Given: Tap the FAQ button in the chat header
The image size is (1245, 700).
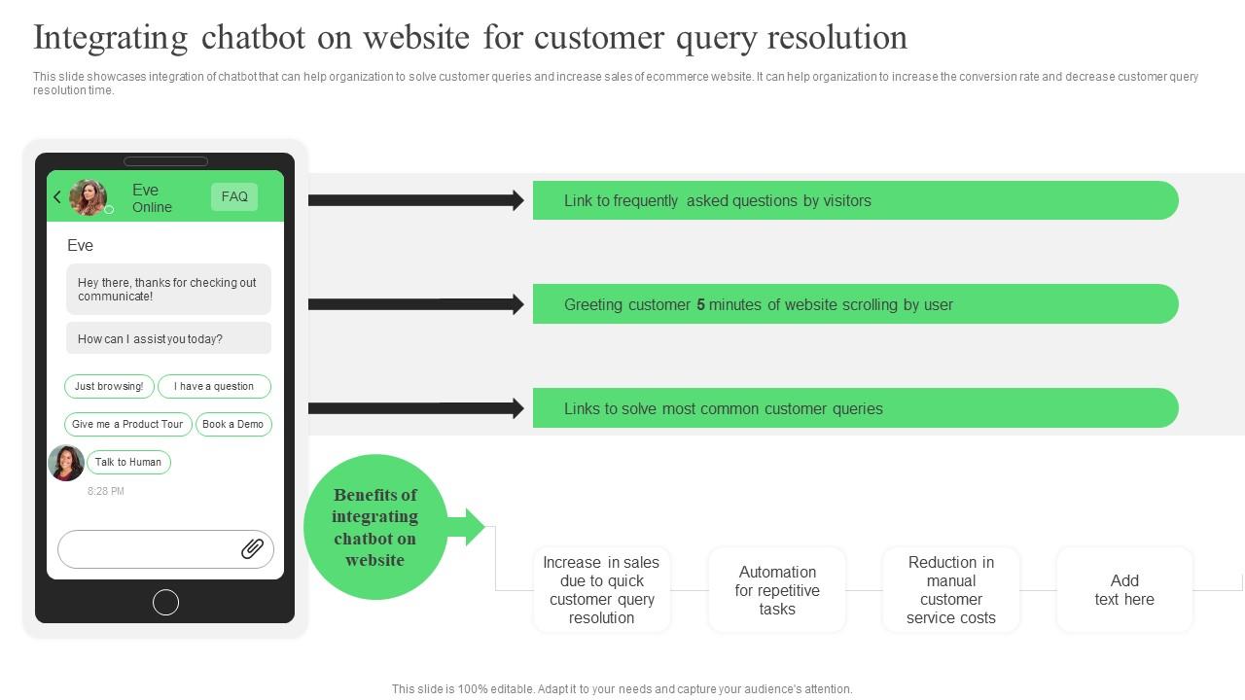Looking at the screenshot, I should point(234,196).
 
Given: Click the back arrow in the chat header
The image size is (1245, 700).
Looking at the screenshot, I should point(57,197).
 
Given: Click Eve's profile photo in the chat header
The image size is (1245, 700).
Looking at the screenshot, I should point(88,197).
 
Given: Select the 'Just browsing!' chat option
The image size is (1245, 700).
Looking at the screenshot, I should point(109,386).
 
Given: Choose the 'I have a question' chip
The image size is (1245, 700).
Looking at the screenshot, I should point(214,386).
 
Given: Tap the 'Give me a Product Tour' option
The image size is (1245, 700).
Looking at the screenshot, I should point(127,424).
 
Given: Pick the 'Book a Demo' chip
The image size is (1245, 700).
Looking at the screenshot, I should point(233,424).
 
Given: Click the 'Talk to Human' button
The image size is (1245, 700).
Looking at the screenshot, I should point(128,462).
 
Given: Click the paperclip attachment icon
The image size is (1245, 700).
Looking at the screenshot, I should point(252,549).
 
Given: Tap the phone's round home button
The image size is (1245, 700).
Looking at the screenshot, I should point(166,603).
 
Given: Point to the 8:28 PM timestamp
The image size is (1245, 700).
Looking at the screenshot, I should point(106,491).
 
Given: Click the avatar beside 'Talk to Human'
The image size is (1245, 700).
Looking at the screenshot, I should point(66,463).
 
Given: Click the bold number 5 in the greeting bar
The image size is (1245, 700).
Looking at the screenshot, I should point(700,304).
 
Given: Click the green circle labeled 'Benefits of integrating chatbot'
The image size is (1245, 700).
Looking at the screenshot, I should point(375,527).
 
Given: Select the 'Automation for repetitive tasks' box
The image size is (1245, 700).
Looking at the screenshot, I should point(777,590).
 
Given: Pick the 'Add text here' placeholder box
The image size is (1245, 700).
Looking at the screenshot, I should point(1124,590).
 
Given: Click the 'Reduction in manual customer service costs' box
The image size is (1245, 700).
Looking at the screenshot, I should point(951,590).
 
